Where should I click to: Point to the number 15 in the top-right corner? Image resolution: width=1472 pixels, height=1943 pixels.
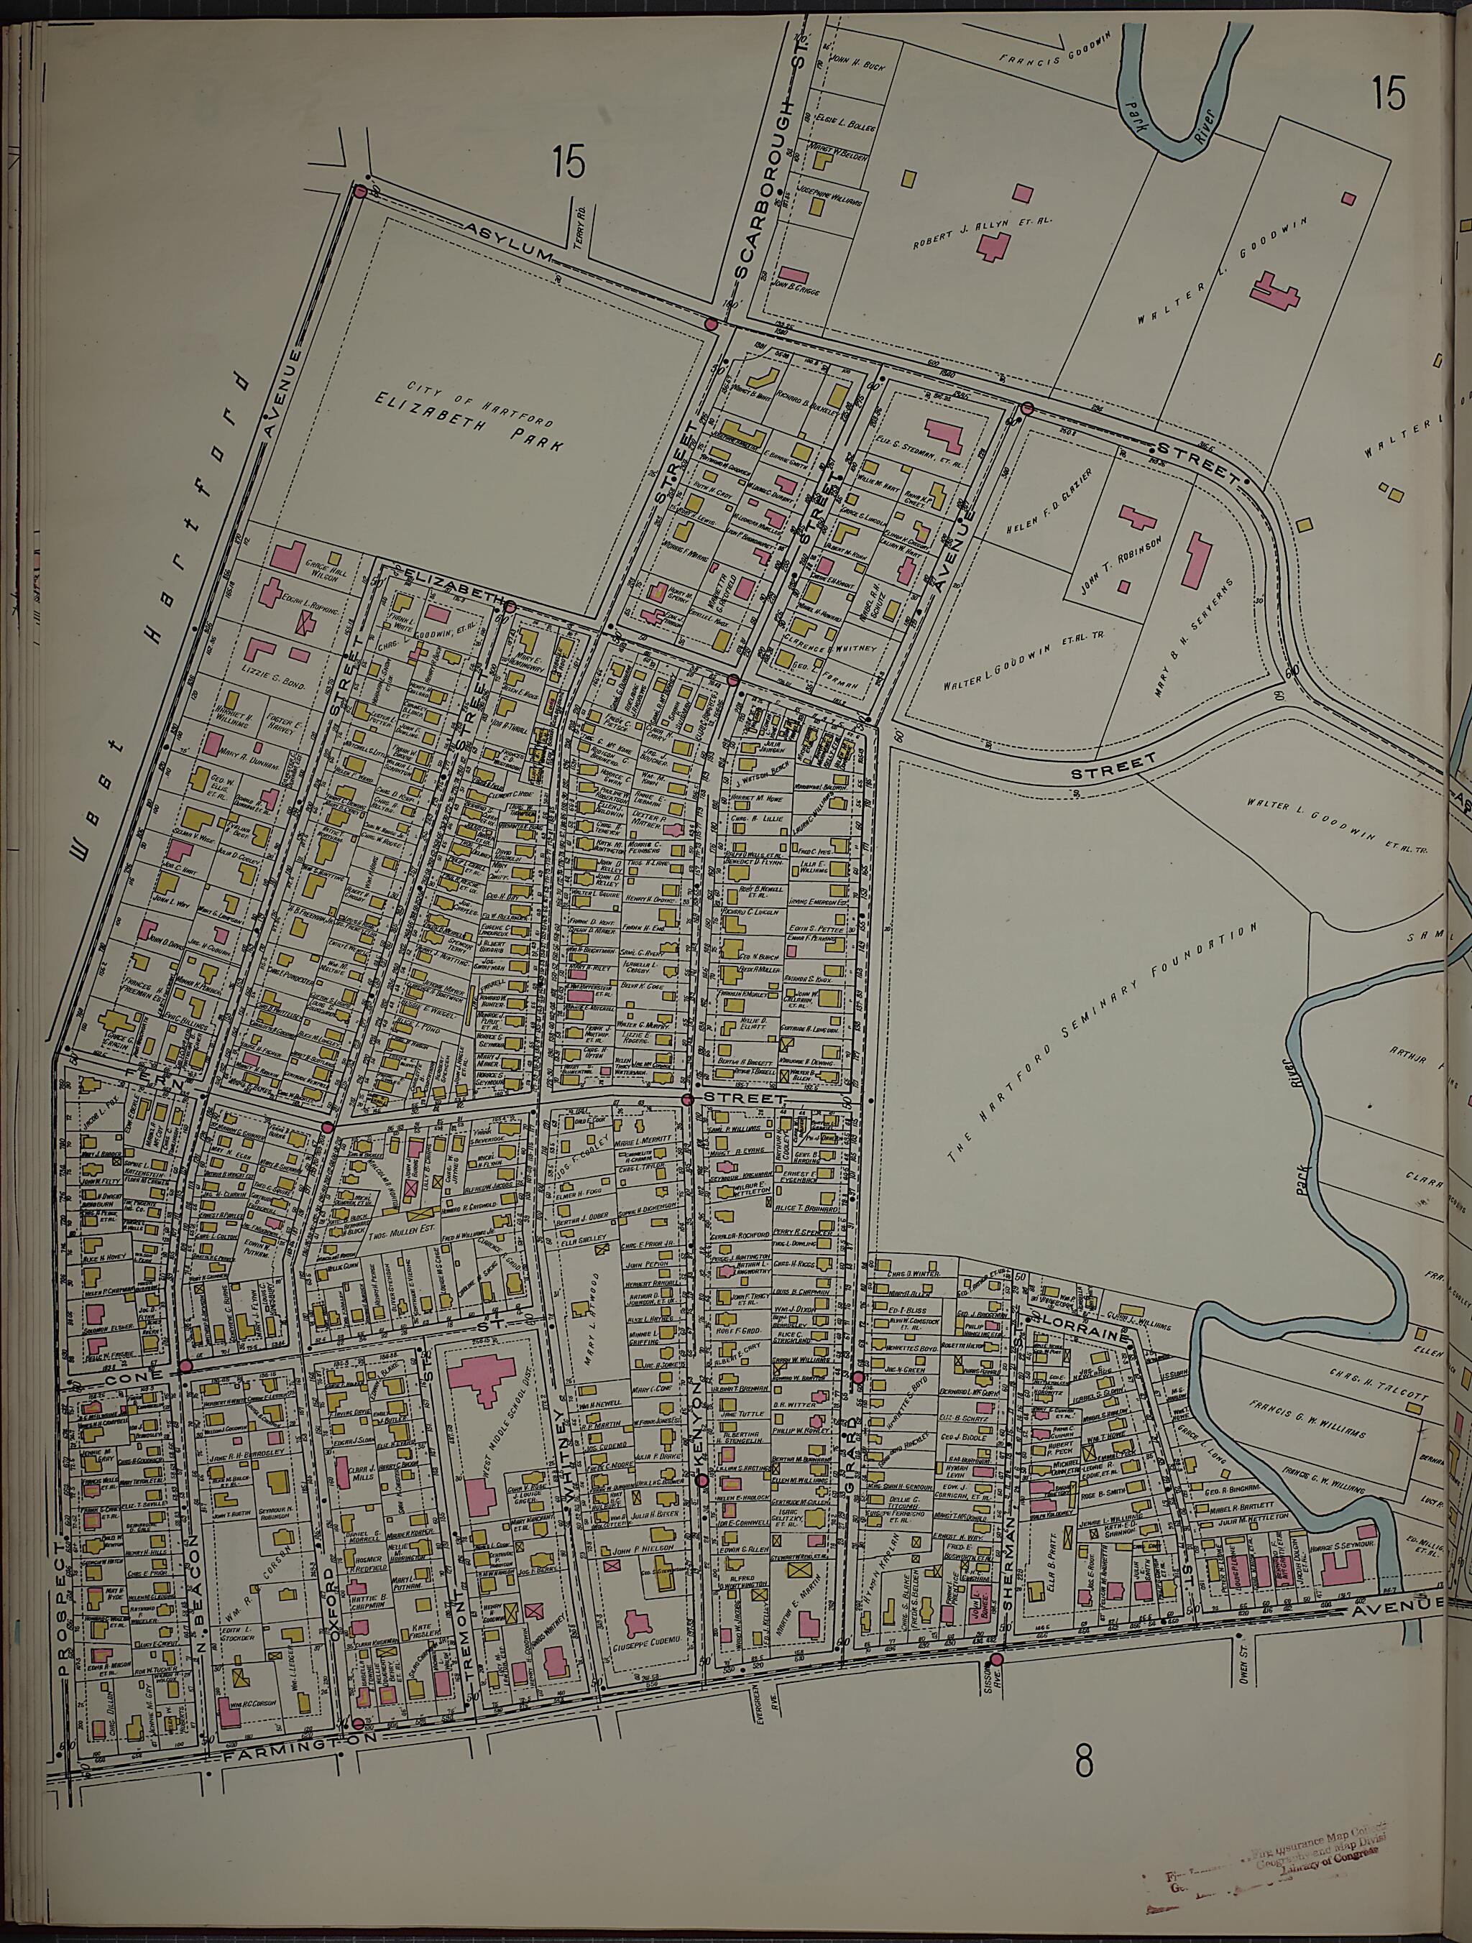(1389, 93)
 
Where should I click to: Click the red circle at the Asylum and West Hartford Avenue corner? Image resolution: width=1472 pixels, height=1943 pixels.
(359, 190)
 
